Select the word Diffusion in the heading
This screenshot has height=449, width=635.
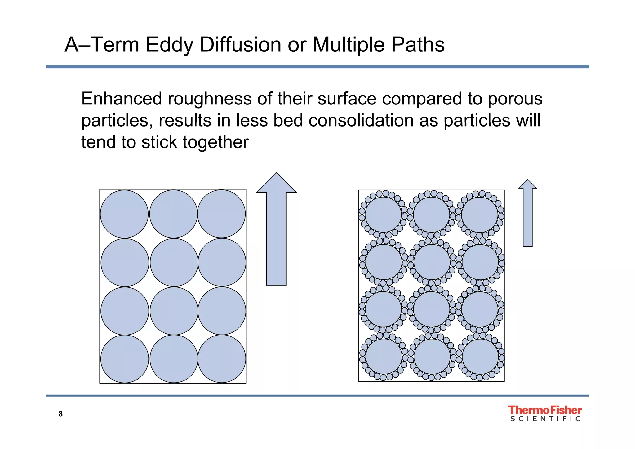240,45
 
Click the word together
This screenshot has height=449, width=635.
215,143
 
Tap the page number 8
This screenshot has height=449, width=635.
60,414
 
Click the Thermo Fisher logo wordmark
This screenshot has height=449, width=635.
545,410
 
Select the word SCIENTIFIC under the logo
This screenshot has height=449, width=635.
545,419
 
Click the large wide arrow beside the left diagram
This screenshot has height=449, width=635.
276,229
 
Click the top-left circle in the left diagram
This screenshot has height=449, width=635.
124,214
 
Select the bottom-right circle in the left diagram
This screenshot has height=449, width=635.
222,359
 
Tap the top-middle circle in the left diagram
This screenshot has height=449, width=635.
173,214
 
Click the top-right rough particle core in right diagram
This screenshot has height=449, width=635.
480,215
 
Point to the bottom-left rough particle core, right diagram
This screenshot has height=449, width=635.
384,357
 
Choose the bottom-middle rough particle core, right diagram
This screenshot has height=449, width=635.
432,357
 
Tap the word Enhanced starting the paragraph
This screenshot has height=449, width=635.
122,99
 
